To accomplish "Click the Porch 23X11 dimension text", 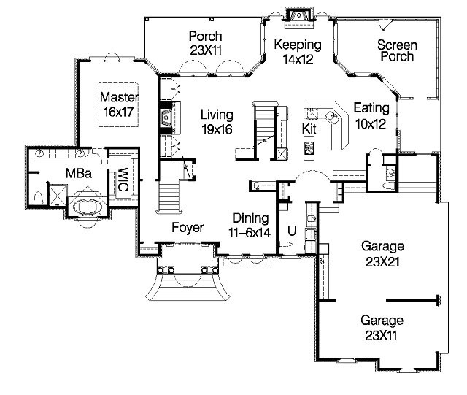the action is pos(206,50).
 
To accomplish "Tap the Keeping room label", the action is pos(298,45).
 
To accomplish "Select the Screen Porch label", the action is pos(397,50).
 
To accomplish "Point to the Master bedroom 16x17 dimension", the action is pos(118,112).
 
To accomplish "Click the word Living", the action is pos(217,115).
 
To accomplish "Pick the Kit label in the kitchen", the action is pos(309,129).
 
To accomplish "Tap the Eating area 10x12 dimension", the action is pos(371,123).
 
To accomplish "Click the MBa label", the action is pos(79,173).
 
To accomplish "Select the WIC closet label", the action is pos(123,180).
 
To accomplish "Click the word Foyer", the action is pos(188,228).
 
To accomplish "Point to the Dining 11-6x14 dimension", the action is pos(250,233).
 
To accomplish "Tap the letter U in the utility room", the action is pos(292,231).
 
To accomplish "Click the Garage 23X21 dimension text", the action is pos(382,262).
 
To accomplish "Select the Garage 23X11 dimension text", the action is pos(381,336).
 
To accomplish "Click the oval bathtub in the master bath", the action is pos(88,207).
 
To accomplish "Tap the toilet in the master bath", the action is pos(39,198).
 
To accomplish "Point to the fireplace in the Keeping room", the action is pos(299,18).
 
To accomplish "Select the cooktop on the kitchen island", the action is pos(309,147).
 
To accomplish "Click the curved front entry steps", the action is pos(188,288).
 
